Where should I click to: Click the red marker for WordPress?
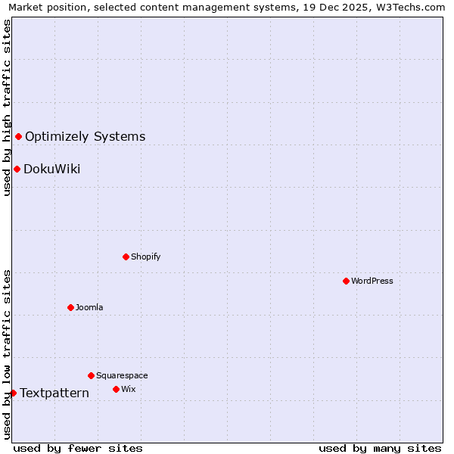tap(346, 281)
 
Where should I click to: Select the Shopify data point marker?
tap(126, 257)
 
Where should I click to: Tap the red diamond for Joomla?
tap(70, 307)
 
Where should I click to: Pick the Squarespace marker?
tap(91, 375)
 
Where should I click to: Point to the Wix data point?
tap(116, 389)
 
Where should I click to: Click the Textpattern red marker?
tap(13, 393)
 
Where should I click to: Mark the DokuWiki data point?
tap(17, 169)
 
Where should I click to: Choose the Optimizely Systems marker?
tap(18, 136)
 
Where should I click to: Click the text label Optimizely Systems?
tap(85, 137)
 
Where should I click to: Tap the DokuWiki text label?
tap(51, 169)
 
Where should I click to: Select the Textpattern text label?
tap(54, 393)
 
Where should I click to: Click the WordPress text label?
tap(372, 281)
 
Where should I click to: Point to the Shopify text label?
tap(145, 257)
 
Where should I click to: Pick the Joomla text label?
tap(89, 307)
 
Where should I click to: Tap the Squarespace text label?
tap(122, 375)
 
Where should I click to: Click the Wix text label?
tap(128, 389)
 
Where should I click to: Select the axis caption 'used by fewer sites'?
tap(78, 448)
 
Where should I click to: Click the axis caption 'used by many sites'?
tap(380, 448)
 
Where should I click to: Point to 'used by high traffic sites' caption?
tap(7, 107)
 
